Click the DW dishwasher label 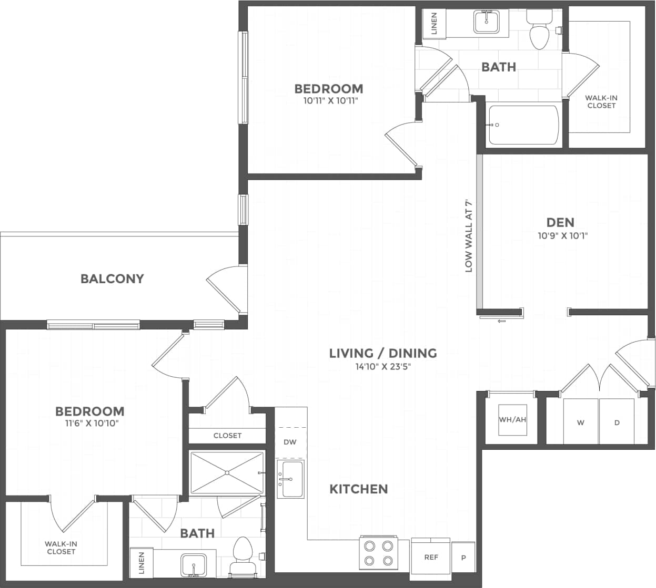click(x=290, y=442)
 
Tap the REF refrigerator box click(x=431, y=556)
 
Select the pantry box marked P click(x=463, y=558)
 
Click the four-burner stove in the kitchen click(x=378, y=553)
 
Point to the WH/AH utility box click(x=512, y=419)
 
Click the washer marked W click(x=581, y=422)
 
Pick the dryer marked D click(x=617, y=422)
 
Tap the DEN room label click(x=560, y=222)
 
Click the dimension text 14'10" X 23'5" click(x=382, y=367)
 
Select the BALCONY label click(x=112, y=278)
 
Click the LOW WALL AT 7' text click(x=469, y=235)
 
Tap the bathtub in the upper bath click(x=523, y=125)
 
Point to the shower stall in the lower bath click(x=227, y=472)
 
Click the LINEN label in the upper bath click(x=434, y=24)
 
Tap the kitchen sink click(x=290, y=479)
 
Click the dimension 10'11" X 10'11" click(x=330, y=100)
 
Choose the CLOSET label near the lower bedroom click(x=227, y=436)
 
